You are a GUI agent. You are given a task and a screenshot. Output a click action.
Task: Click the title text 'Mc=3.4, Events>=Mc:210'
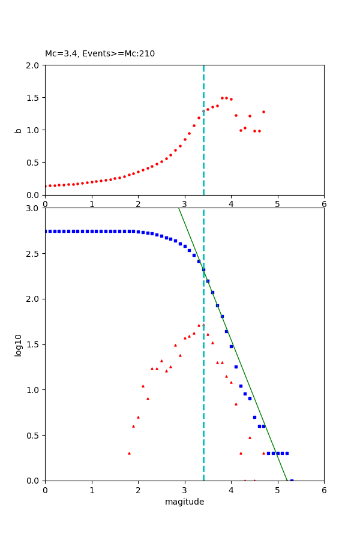[100, 54]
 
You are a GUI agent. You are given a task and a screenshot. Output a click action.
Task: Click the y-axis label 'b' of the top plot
[19, 130]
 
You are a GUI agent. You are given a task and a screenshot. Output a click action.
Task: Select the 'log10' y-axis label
[19, 344]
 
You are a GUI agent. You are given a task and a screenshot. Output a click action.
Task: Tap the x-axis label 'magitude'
[184, 502]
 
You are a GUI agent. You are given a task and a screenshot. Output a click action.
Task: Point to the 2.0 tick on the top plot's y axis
[34, 65]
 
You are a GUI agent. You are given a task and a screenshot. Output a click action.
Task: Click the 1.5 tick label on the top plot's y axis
[34, 98]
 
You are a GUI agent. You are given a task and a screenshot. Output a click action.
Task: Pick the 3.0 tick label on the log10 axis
[34, 208]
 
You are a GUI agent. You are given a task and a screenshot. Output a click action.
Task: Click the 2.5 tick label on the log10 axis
[34, 254]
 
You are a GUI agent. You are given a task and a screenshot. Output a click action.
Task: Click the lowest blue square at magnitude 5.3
[292, 480]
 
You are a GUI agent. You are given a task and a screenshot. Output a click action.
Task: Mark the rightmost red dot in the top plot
[263, 112]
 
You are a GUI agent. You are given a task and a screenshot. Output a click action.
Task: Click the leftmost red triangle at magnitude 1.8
[129, 453]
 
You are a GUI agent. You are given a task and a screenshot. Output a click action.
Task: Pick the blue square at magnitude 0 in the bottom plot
[46, 231]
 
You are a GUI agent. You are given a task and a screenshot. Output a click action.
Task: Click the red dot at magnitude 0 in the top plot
[46, 186]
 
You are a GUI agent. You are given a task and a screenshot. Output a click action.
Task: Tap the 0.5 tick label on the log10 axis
[34, 436]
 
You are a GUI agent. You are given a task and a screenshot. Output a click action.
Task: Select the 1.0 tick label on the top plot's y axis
[34, 130]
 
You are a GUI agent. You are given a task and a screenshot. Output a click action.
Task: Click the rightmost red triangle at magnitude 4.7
[263, 453]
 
